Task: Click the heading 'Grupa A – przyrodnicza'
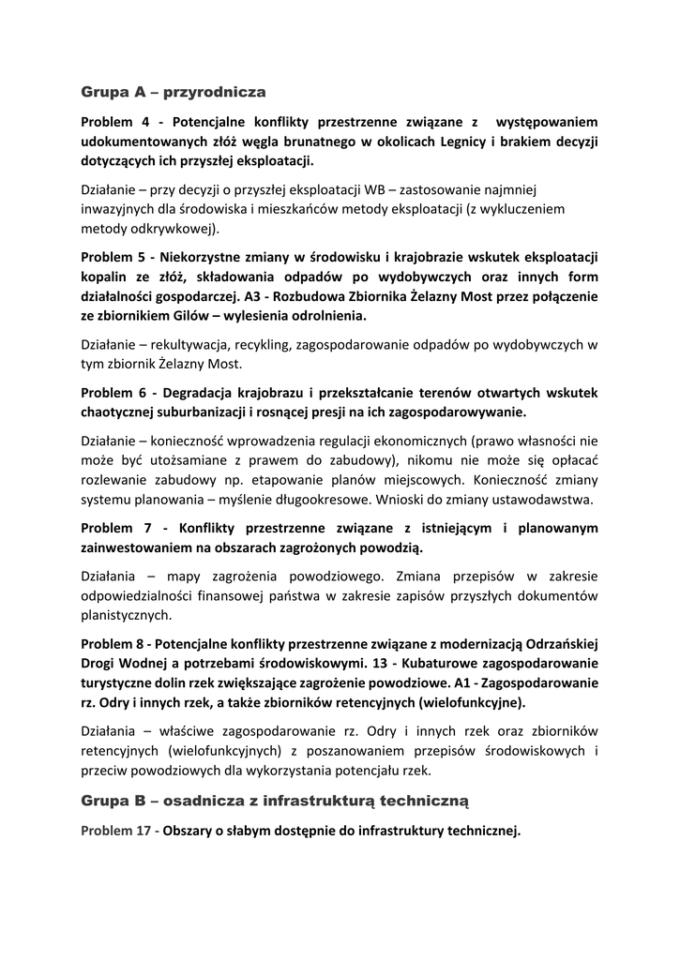[x=174, y=93]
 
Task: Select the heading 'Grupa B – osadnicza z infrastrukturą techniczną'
[x=275, y=801]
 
